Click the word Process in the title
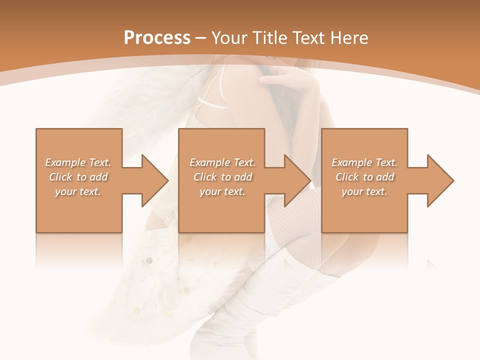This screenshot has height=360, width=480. click(157, 37)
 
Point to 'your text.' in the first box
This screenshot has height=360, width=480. click(78, 191)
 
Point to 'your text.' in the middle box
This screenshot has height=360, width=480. click(222, 191)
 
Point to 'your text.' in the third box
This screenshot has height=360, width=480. click(364, 191)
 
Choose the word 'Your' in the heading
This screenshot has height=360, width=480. click(229, 37)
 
